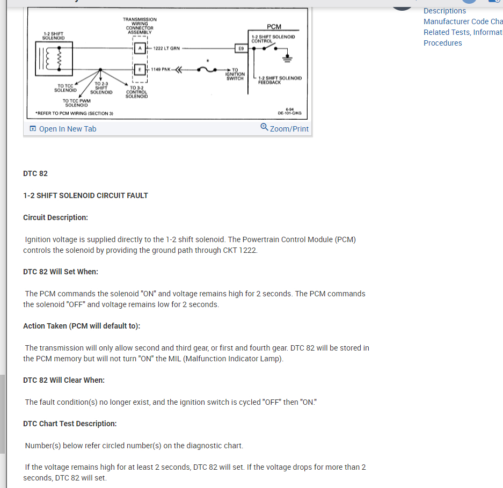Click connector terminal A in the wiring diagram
click(x=140, y=48)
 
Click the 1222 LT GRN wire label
click(x=166, y=48)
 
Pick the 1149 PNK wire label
click(x=161, y=69)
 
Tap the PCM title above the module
click(x=274, y=27)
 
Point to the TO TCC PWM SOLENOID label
click(x=76, y=103)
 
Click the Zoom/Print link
click(x=285, y=129)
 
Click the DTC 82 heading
click(x=35, y=173)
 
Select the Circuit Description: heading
click(x=55, y=217)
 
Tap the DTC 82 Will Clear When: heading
click(x=64, y=380)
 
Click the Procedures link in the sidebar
click(x=442, y=43)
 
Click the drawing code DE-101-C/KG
click(x=289, y=113)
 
